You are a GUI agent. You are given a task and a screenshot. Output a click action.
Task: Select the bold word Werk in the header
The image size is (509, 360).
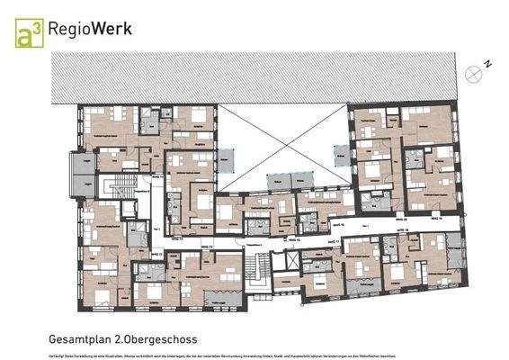(x=113, y=29)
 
